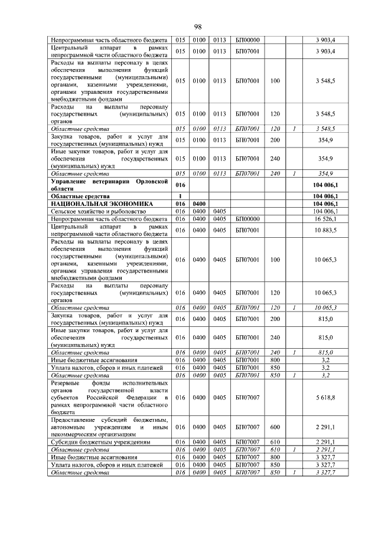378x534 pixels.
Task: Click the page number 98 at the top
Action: pos(198,27)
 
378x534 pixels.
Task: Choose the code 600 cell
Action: pos(275,427)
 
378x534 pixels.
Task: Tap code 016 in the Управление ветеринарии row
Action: pos(180,185)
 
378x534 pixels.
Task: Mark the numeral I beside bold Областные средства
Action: pos(180,196)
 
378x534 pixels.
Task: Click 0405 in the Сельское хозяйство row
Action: pos(220,211)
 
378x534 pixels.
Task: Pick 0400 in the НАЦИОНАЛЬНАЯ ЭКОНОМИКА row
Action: pos(200,204)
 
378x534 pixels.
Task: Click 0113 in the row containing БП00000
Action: pos(220,40)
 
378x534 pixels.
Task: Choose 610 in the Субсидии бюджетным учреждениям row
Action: pos(275,441)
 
